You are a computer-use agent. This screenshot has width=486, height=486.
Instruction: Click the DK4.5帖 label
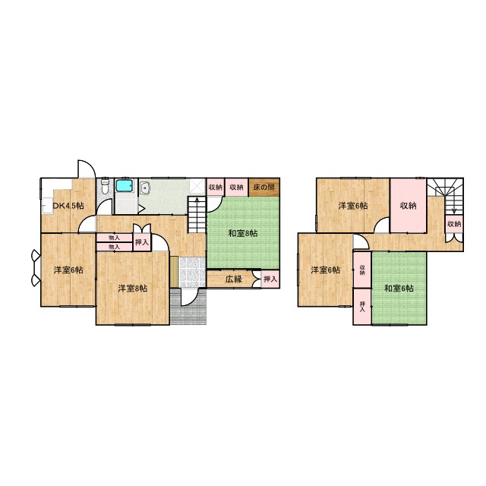pos(68,206)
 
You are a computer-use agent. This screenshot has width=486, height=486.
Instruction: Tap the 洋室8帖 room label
pos(132,289)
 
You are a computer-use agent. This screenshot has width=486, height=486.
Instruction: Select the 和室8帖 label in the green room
pos(242,233)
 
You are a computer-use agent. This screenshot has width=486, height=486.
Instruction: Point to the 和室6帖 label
pos(398,289)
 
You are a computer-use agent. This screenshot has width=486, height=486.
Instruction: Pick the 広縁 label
pos(233,279)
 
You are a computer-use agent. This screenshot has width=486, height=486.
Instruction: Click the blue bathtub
pos(124,187)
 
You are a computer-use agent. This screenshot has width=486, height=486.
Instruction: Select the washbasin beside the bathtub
pos(147,190)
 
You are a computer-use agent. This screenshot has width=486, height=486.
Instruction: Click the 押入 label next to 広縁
pos(270,279)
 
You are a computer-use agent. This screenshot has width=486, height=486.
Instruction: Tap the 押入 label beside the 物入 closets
pos(141,242)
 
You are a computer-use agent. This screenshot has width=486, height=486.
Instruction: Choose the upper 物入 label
pos(114,238)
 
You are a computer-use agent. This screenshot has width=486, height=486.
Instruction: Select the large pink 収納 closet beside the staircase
pos(409,205)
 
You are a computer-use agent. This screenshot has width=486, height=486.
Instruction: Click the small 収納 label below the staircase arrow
pos(453,224)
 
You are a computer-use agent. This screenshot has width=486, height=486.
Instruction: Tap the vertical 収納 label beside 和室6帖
pos(363,270)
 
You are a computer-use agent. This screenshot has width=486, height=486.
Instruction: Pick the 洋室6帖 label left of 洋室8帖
pos(68,270)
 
